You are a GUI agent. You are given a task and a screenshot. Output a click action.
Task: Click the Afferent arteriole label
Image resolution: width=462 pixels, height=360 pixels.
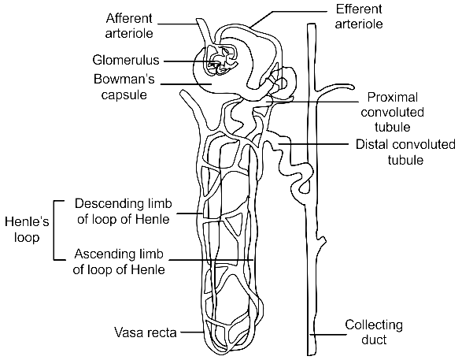(129, 26)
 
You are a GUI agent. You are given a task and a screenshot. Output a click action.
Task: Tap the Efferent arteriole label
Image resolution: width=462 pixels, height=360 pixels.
(359, 17)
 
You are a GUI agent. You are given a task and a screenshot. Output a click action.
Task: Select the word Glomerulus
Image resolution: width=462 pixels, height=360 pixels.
(126, 60)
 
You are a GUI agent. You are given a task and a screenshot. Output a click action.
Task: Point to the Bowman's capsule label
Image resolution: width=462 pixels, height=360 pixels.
(124, 87)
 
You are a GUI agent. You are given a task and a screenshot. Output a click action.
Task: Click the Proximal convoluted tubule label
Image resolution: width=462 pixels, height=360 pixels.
(393, 112)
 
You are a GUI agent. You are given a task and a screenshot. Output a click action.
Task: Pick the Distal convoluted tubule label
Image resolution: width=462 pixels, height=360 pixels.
(405, 152)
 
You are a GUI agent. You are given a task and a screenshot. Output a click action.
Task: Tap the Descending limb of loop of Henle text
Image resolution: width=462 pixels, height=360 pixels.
(123, 211)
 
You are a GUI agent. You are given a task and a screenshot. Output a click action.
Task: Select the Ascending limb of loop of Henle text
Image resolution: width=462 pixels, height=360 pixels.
(119, 262)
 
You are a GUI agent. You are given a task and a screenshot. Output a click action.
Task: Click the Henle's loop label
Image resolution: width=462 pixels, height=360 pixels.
(27, 229)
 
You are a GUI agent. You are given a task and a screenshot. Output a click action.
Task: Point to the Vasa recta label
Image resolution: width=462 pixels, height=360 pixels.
(146, 332)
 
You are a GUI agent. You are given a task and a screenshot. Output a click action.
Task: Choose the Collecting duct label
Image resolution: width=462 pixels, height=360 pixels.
(374, 332)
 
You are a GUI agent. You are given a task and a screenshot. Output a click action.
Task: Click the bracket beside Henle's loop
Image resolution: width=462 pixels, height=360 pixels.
(54, 231)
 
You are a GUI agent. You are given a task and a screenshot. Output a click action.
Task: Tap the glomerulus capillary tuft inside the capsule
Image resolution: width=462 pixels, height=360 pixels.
(222, 61)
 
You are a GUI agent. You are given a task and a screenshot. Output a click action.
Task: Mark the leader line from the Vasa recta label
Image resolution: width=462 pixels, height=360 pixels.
(191, 332)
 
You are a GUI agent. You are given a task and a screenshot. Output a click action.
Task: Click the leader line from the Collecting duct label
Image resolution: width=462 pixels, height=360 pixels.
(328, 334)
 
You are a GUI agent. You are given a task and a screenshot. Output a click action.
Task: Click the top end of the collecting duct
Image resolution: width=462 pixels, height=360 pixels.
(312, 24)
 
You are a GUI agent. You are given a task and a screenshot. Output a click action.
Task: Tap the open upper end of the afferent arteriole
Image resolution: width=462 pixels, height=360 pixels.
(200, 20)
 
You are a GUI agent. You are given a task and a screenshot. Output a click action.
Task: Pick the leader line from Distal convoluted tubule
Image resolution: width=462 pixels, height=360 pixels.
(313, 144)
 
